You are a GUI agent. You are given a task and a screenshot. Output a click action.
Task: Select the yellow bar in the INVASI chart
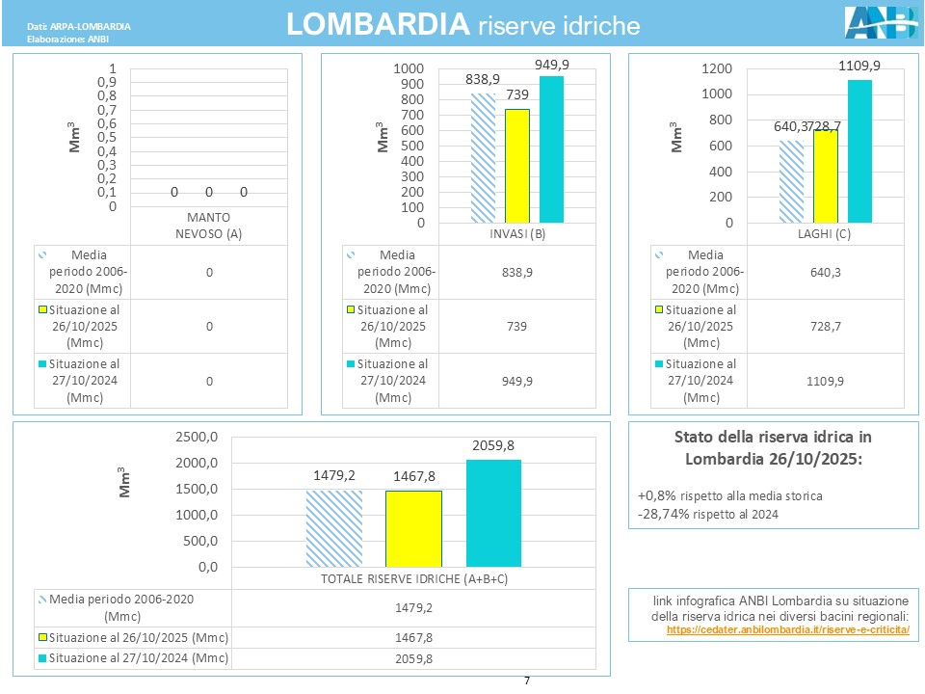point(517,166)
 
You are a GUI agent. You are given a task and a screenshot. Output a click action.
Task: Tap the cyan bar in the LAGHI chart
point(859,151)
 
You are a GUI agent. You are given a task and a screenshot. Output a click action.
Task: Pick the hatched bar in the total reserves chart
point(333,528)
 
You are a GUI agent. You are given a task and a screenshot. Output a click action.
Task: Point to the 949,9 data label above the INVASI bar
point(552,65)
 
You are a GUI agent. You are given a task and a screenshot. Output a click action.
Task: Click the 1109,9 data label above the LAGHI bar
point(859,66)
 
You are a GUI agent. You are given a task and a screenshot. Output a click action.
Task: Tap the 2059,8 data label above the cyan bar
point(493,445)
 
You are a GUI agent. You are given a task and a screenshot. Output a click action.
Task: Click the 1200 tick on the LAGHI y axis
point(716,69)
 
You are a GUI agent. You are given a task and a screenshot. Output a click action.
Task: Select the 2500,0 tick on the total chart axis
point(198,438)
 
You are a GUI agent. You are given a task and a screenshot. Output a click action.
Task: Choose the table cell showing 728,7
point(824,327)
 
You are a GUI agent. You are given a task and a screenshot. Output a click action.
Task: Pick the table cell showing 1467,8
point(414,638)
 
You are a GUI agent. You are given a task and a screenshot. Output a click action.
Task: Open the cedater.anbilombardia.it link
point(787,629)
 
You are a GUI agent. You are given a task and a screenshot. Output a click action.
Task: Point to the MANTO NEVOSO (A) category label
point(208,223)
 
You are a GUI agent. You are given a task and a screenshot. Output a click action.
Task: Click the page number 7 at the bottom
point(526,681)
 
